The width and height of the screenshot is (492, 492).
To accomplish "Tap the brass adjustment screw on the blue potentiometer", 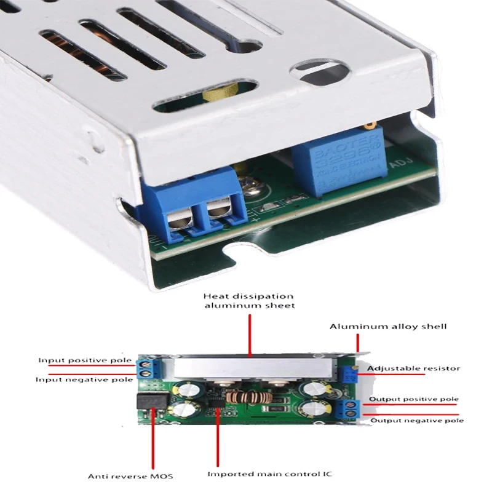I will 368,127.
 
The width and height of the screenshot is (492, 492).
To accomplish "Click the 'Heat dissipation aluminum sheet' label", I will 249,301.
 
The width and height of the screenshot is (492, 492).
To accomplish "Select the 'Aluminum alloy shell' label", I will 388,326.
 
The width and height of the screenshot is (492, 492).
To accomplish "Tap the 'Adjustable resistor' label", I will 413,368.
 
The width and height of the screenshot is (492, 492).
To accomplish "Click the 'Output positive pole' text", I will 413,399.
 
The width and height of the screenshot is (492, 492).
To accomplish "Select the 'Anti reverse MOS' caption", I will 130,476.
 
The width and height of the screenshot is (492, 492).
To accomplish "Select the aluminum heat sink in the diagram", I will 252,368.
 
